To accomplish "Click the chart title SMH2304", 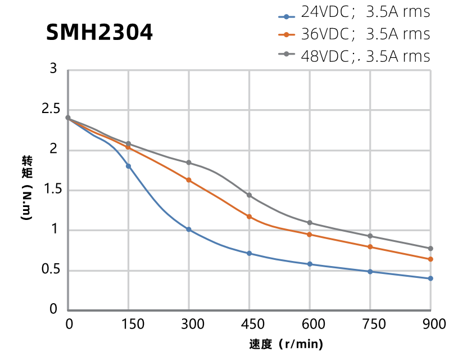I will (x=99, y=33).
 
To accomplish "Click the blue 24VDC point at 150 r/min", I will (x=128, y=166).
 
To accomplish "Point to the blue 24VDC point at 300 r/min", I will (x=189, y=229).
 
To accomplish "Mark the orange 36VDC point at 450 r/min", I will (x=249, y=217).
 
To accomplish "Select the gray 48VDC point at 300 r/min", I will (x=189, y=163).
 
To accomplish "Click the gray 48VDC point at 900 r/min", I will (x=430, y=249).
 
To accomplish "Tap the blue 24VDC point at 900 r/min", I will (x=430, y=278).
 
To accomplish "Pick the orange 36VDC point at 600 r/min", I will (x=310, y=235).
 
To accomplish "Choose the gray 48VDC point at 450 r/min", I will (x=249, y=195).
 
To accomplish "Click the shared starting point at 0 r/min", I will (x=68, y=118).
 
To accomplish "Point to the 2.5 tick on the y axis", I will (x=51, y=110).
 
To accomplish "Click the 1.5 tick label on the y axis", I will (x=51, y=190).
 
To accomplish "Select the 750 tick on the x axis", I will (x=370, y=324).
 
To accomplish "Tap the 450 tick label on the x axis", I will (x=249, y=324).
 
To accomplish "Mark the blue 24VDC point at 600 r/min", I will (x=310, y=264).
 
